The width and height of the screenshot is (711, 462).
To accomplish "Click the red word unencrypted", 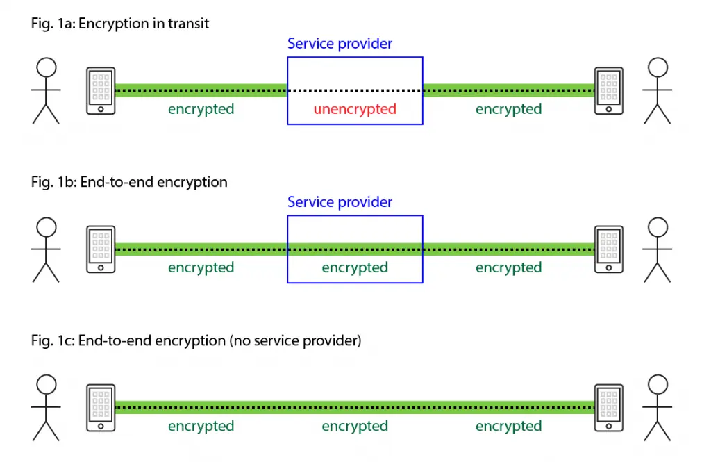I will click(x=355, y=109).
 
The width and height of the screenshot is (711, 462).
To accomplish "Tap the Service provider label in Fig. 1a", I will click(x=340, y=44).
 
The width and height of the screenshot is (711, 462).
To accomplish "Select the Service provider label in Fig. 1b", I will click(x=340, y=202).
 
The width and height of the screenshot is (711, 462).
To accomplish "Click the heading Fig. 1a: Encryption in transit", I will click(x=120, y=24).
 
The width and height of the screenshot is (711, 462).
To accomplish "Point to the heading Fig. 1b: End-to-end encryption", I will click(x=129, y=182).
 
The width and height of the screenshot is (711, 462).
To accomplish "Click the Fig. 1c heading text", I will click(x=196, y=341).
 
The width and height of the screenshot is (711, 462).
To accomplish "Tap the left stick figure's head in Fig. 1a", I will click(x=46, y=67).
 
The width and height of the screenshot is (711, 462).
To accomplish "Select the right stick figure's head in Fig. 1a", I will click(x=658, y=67).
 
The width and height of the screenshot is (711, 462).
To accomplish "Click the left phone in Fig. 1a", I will click(x=101, y=90).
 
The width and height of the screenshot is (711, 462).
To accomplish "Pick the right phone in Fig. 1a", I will click(x=609, y=90).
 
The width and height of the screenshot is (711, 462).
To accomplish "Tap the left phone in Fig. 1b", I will click(x=101, y=249).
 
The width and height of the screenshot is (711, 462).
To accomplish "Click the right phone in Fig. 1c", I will click(x=609, y=408).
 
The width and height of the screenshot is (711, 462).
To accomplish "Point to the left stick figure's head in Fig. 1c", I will click(x=46, y=384).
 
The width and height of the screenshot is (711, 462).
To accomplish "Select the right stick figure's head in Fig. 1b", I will click(x=658, y=226).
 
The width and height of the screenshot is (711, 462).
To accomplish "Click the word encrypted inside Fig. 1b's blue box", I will click(x=355, y=267).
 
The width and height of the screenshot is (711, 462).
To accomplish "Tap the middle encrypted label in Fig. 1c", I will click(x=355, y=426).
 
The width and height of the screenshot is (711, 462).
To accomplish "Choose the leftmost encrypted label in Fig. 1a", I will click(x=201, y=109).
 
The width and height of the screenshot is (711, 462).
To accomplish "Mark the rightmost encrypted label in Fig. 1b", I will click(x=508, y=267).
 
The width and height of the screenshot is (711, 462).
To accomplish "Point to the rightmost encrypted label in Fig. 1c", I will click(x=508, y=426).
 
